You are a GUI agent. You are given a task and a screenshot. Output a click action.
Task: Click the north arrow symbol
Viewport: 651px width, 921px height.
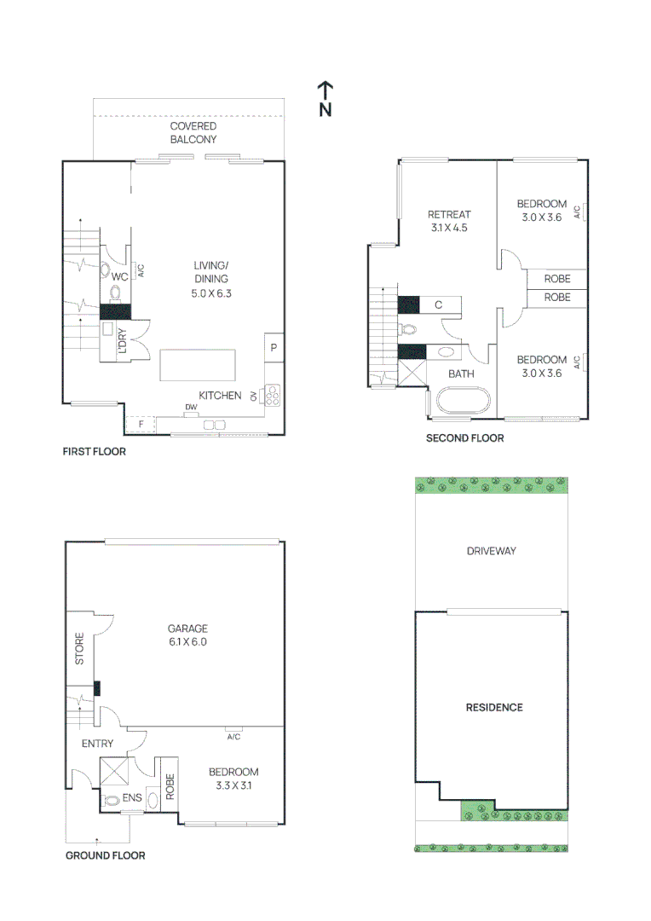[325, 99]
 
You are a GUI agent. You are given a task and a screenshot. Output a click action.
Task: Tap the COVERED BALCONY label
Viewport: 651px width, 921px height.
[193, 133]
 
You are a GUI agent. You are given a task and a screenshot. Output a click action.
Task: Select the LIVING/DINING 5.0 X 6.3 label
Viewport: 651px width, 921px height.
[210, 279]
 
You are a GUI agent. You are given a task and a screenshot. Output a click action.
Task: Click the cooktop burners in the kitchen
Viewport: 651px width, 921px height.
[273, 395]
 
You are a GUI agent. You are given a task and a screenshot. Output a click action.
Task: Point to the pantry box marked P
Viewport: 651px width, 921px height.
[274, 347]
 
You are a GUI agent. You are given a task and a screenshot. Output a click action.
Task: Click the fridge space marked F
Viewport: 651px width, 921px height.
[141, 423]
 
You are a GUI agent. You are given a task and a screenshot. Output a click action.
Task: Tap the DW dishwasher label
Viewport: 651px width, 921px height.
[190, 408]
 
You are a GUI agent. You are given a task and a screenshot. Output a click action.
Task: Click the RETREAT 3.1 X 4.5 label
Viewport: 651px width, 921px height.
[448, 221]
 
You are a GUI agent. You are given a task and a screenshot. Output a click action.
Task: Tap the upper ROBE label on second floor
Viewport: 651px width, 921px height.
[557, 279]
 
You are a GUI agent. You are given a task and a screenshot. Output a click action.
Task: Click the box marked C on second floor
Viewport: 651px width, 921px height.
[438, 304]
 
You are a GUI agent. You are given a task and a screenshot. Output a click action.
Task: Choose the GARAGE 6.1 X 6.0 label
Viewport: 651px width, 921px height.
[187, 634]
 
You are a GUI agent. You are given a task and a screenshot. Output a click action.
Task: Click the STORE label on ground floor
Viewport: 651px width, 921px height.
[79, 649]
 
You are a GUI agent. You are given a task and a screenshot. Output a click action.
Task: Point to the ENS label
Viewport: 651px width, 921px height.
[131, 798]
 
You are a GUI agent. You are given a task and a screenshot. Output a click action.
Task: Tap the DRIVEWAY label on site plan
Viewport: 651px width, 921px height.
[491, 551]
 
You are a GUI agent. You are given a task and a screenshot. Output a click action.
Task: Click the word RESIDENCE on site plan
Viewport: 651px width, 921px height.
[493, 707]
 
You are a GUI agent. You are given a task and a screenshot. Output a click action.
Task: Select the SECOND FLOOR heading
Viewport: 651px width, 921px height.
[464, 438]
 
